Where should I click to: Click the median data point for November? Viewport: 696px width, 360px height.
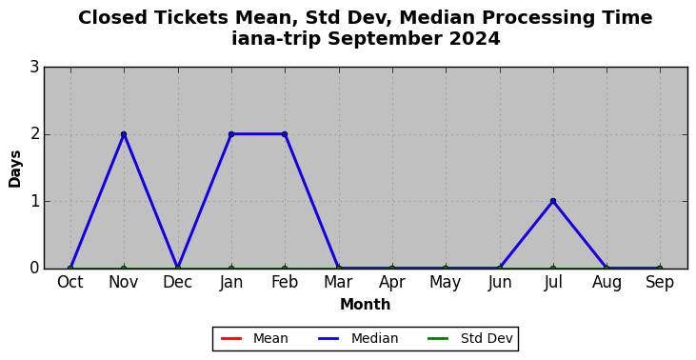(124, 134)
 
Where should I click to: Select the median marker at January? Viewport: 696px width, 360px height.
(231, 134)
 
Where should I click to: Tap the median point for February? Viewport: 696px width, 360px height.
(285, 134)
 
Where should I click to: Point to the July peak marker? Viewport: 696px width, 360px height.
(553, 201)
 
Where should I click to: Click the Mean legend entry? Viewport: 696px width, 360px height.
(254, 339)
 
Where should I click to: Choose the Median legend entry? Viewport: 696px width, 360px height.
(358, 339)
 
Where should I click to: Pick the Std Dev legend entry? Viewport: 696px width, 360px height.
(470, 339)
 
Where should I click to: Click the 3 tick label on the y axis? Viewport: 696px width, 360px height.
(34, 68)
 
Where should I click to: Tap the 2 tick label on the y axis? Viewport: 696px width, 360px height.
(34, 134)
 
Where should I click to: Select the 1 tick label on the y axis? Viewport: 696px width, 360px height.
(34, 201)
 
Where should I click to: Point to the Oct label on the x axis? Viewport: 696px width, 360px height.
(70, 282)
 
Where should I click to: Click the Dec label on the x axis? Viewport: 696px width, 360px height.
(177, 282)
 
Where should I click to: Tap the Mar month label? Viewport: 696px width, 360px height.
(338, 282)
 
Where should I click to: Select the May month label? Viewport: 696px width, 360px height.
(446, 283)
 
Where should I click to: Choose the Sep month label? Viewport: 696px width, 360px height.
(660, 283)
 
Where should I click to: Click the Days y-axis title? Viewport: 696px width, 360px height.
(14, 169)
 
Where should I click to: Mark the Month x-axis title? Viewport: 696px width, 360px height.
(366, 305)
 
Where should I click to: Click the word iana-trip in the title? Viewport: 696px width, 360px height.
(276, 39)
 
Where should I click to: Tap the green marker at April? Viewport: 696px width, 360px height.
(392, 269)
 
